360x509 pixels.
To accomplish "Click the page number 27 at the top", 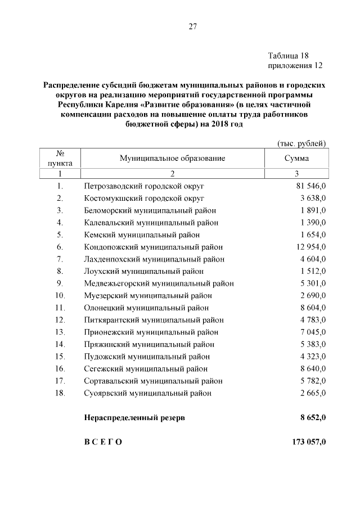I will pyautogui.click(x=192, y=26).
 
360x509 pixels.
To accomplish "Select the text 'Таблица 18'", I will pyautogui.click(x=289, y=56).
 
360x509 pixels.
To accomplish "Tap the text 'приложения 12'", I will pyautogui.click(x=295, y=66).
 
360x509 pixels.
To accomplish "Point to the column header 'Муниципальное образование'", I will pyautogui.click(x=172, y=158).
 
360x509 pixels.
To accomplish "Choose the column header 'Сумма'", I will pyautogui.click(x=296, y=158).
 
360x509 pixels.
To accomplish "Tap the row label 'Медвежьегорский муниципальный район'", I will pyautogui.click(x=159, y=283).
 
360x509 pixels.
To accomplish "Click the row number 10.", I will pyautogui.click(x=60, y=295).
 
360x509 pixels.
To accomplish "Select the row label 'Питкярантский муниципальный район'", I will pyautogui.click(x=154, y=320).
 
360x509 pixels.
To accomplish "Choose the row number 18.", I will pyautogui.click(x=60, y=393).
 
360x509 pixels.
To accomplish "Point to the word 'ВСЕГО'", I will pyautogui.click(x=102, y=442).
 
